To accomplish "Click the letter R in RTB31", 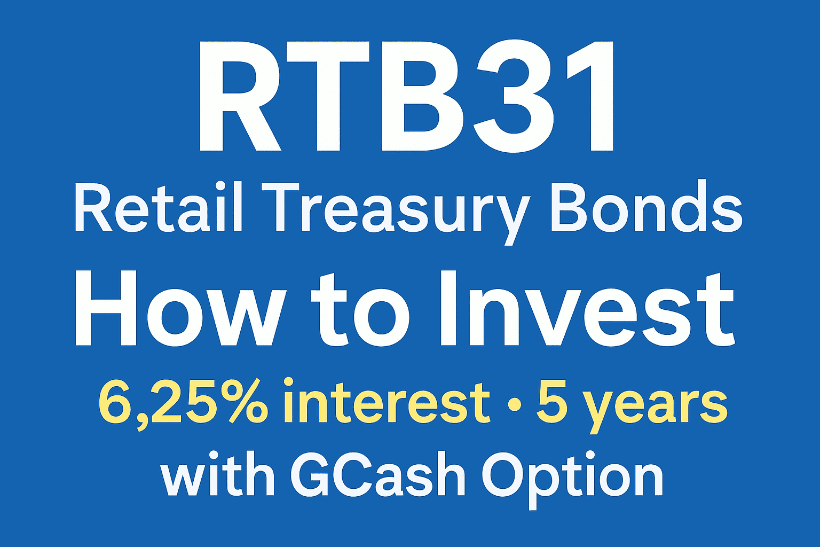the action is [240, 97].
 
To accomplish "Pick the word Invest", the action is [588, 309].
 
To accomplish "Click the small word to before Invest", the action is [360, 312].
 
